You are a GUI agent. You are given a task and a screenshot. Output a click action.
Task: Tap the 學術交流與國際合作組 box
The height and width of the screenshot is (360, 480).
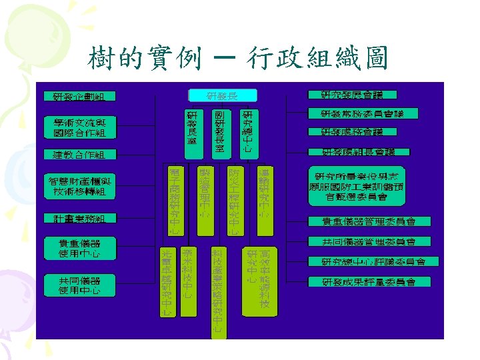(79, 127)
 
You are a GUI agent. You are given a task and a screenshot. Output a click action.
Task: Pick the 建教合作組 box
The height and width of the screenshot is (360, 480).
(79, 155)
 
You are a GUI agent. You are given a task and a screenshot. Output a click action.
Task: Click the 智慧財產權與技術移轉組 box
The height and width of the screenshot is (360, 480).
(79, 187)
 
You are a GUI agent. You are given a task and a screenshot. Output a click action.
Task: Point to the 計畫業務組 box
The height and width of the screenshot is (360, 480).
(79, 218)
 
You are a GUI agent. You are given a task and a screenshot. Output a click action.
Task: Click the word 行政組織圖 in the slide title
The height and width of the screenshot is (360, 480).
(317, 60)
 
